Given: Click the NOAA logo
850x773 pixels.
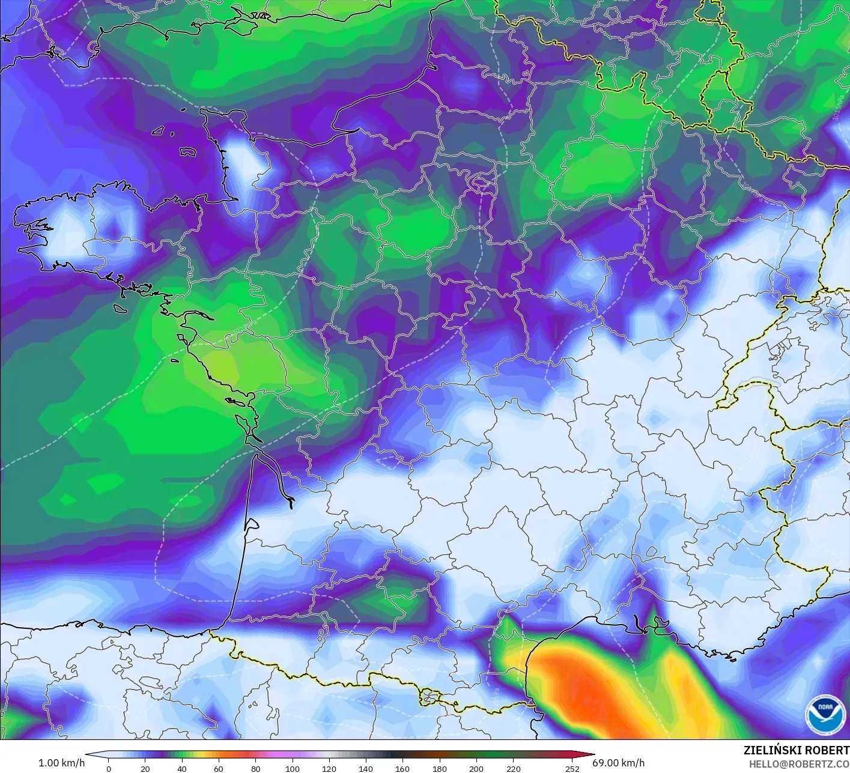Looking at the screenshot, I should click(824, 715).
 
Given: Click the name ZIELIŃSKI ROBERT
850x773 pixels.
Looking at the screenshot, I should click(797, 750).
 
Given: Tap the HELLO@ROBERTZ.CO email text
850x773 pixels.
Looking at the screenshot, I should click(799, 763).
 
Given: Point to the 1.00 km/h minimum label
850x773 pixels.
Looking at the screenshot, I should click(61, 763).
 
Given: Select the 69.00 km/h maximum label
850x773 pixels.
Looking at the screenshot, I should click(619, 763).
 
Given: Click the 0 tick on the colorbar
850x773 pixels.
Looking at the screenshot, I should click(109, 768).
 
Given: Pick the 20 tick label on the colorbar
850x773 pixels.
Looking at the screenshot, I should click(145, 768).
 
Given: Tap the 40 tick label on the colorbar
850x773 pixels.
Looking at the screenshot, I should click(182, 768).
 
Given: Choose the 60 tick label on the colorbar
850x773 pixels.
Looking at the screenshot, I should click(219, 768).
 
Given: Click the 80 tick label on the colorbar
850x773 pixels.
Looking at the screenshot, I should click(255, 768).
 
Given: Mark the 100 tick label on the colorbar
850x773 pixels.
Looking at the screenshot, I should click(293, 768).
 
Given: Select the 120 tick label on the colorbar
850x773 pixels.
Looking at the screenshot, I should click(329, 768).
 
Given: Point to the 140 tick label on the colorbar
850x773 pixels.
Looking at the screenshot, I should click(366, 768).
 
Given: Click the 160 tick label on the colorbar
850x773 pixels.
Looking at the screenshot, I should click(402, 768).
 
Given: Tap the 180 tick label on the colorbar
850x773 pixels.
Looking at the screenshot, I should click(439, 768).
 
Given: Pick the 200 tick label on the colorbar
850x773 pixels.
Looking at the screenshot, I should click(476, 768).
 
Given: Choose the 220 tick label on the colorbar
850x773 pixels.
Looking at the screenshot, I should click(513, 768).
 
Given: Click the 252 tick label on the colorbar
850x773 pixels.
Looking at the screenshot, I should click(572, 768).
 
